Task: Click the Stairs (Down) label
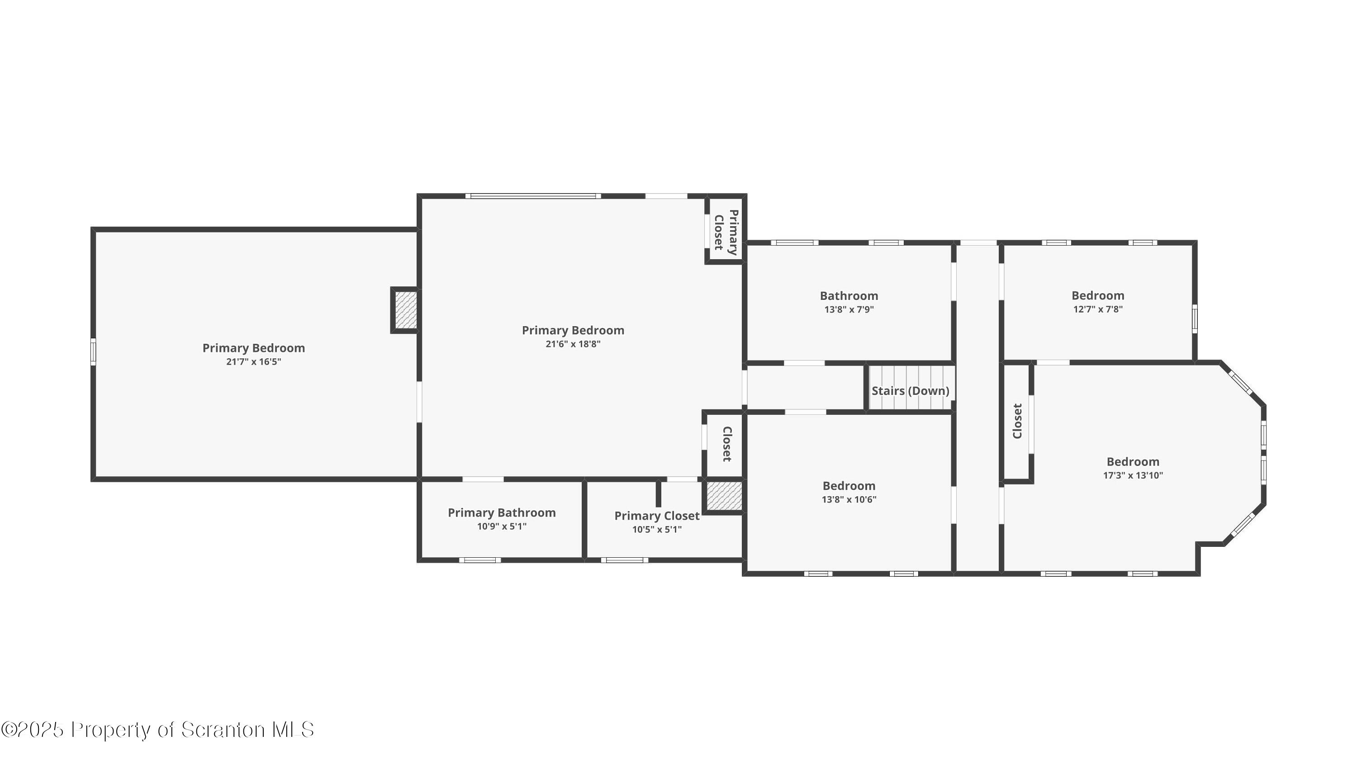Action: (x=910, y=391)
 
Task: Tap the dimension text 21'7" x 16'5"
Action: (x=253, y=362)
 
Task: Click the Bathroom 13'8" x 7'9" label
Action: (x=849, y=302)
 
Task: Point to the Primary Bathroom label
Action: (x=502, y=512)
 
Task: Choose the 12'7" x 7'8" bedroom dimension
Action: (x=1097, y=309)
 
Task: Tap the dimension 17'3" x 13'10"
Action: (x=1133, y=475)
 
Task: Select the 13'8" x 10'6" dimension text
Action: (x=849, y=499)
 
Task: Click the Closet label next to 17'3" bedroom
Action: (x=1017, y=421)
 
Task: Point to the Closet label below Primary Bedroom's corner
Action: (x=726, y=444)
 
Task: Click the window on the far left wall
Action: (x=93, y=352)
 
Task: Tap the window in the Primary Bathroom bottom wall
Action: (x=479, y=560)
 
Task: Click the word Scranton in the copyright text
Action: (x=223, y=730)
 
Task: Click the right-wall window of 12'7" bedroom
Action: (x=1195, y=319)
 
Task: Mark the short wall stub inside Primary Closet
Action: (x=658, y=493)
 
